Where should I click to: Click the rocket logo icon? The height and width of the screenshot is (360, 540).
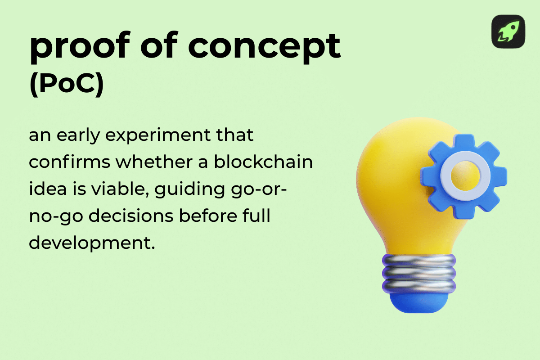(x=508, y=31)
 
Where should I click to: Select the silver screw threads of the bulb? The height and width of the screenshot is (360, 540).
(x=418, y=272)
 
